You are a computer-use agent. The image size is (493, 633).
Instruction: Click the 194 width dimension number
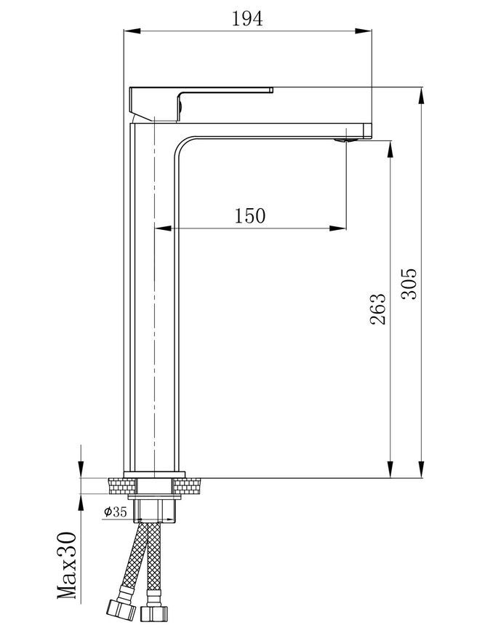247,19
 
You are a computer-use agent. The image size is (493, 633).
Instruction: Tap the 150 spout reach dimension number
250,215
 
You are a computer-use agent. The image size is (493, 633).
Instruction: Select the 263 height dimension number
378,308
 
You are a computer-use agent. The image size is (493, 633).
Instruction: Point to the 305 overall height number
409,284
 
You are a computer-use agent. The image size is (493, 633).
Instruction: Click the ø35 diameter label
116,512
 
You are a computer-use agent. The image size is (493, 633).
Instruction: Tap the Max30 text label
67,565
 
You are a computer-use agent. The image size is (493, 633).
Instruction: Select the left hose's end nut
121,610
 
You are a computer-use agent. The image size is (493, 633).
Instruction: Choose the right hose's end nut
153,613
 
